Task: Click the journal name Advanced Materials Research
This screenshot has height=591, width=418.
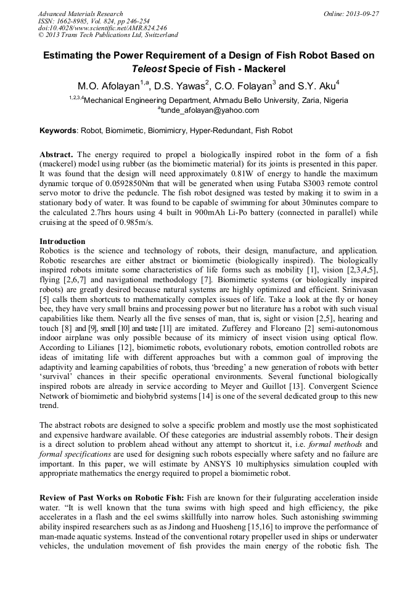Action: tap(80, 14)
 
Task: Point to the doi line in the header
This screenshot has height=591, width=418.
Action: tap(94, 28)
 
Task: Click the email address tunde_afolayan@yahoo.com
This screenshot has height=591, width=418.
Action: tap(210, 110)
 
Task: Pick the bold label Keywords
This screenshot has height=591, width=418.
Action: tap(59, 131)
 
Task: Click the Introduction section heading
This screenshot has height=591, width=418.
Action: tap(62, 242)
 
